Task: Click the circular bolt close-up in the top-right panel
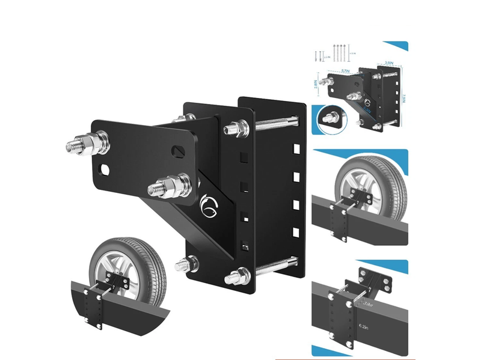click(x=331, y=117)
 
